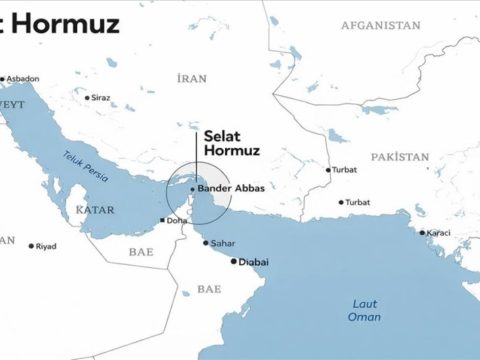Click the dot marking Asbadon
click(x=4, y=77)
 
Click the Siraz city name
click(x=100, y=98)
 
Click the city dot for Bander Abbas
click(x=191, y=188)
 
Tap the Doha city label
click(x=177, y=221)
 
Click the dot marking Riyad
click(x=32, y=245)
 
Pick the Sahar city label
click(x=222, y=242)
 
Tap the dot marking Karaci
click(x=422, y=233)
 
